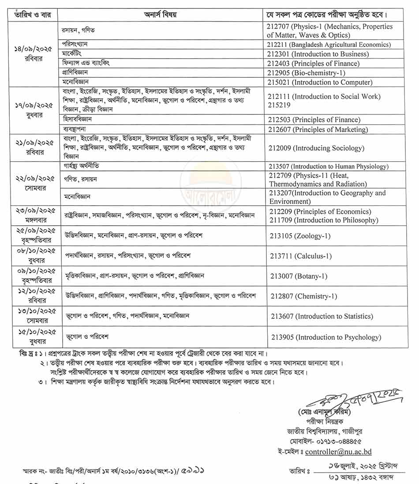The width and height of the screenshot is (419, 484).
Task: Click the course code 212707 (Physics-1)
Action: pyautogui.click(x=329, y=30)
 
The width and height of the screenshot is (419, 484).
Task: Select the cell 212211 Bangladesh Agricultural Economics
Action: pyautogui.click(x=329, y=45)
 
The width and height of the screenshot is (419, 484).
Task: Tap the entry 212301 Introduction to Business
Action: pyautogui.click(x=318, y=54)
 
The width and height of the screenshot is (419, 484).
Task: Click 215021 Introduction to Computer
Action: pyautogui.click(x=320, y=82)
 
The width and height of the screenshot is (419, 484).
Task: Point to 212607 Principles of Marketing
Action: pyautogui.click(x=318, y=129)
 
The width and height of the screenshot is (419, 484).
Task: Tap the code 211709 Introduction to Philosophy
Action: pyautogui.click(x=324, y=220)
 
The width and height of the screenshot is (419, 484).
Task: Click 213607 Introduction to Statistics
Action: pyautogui.click(x=322, y=316)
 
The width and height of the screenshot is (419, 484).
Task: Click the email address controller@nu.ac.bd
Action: pyautogui.click(x=338, y=452)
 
